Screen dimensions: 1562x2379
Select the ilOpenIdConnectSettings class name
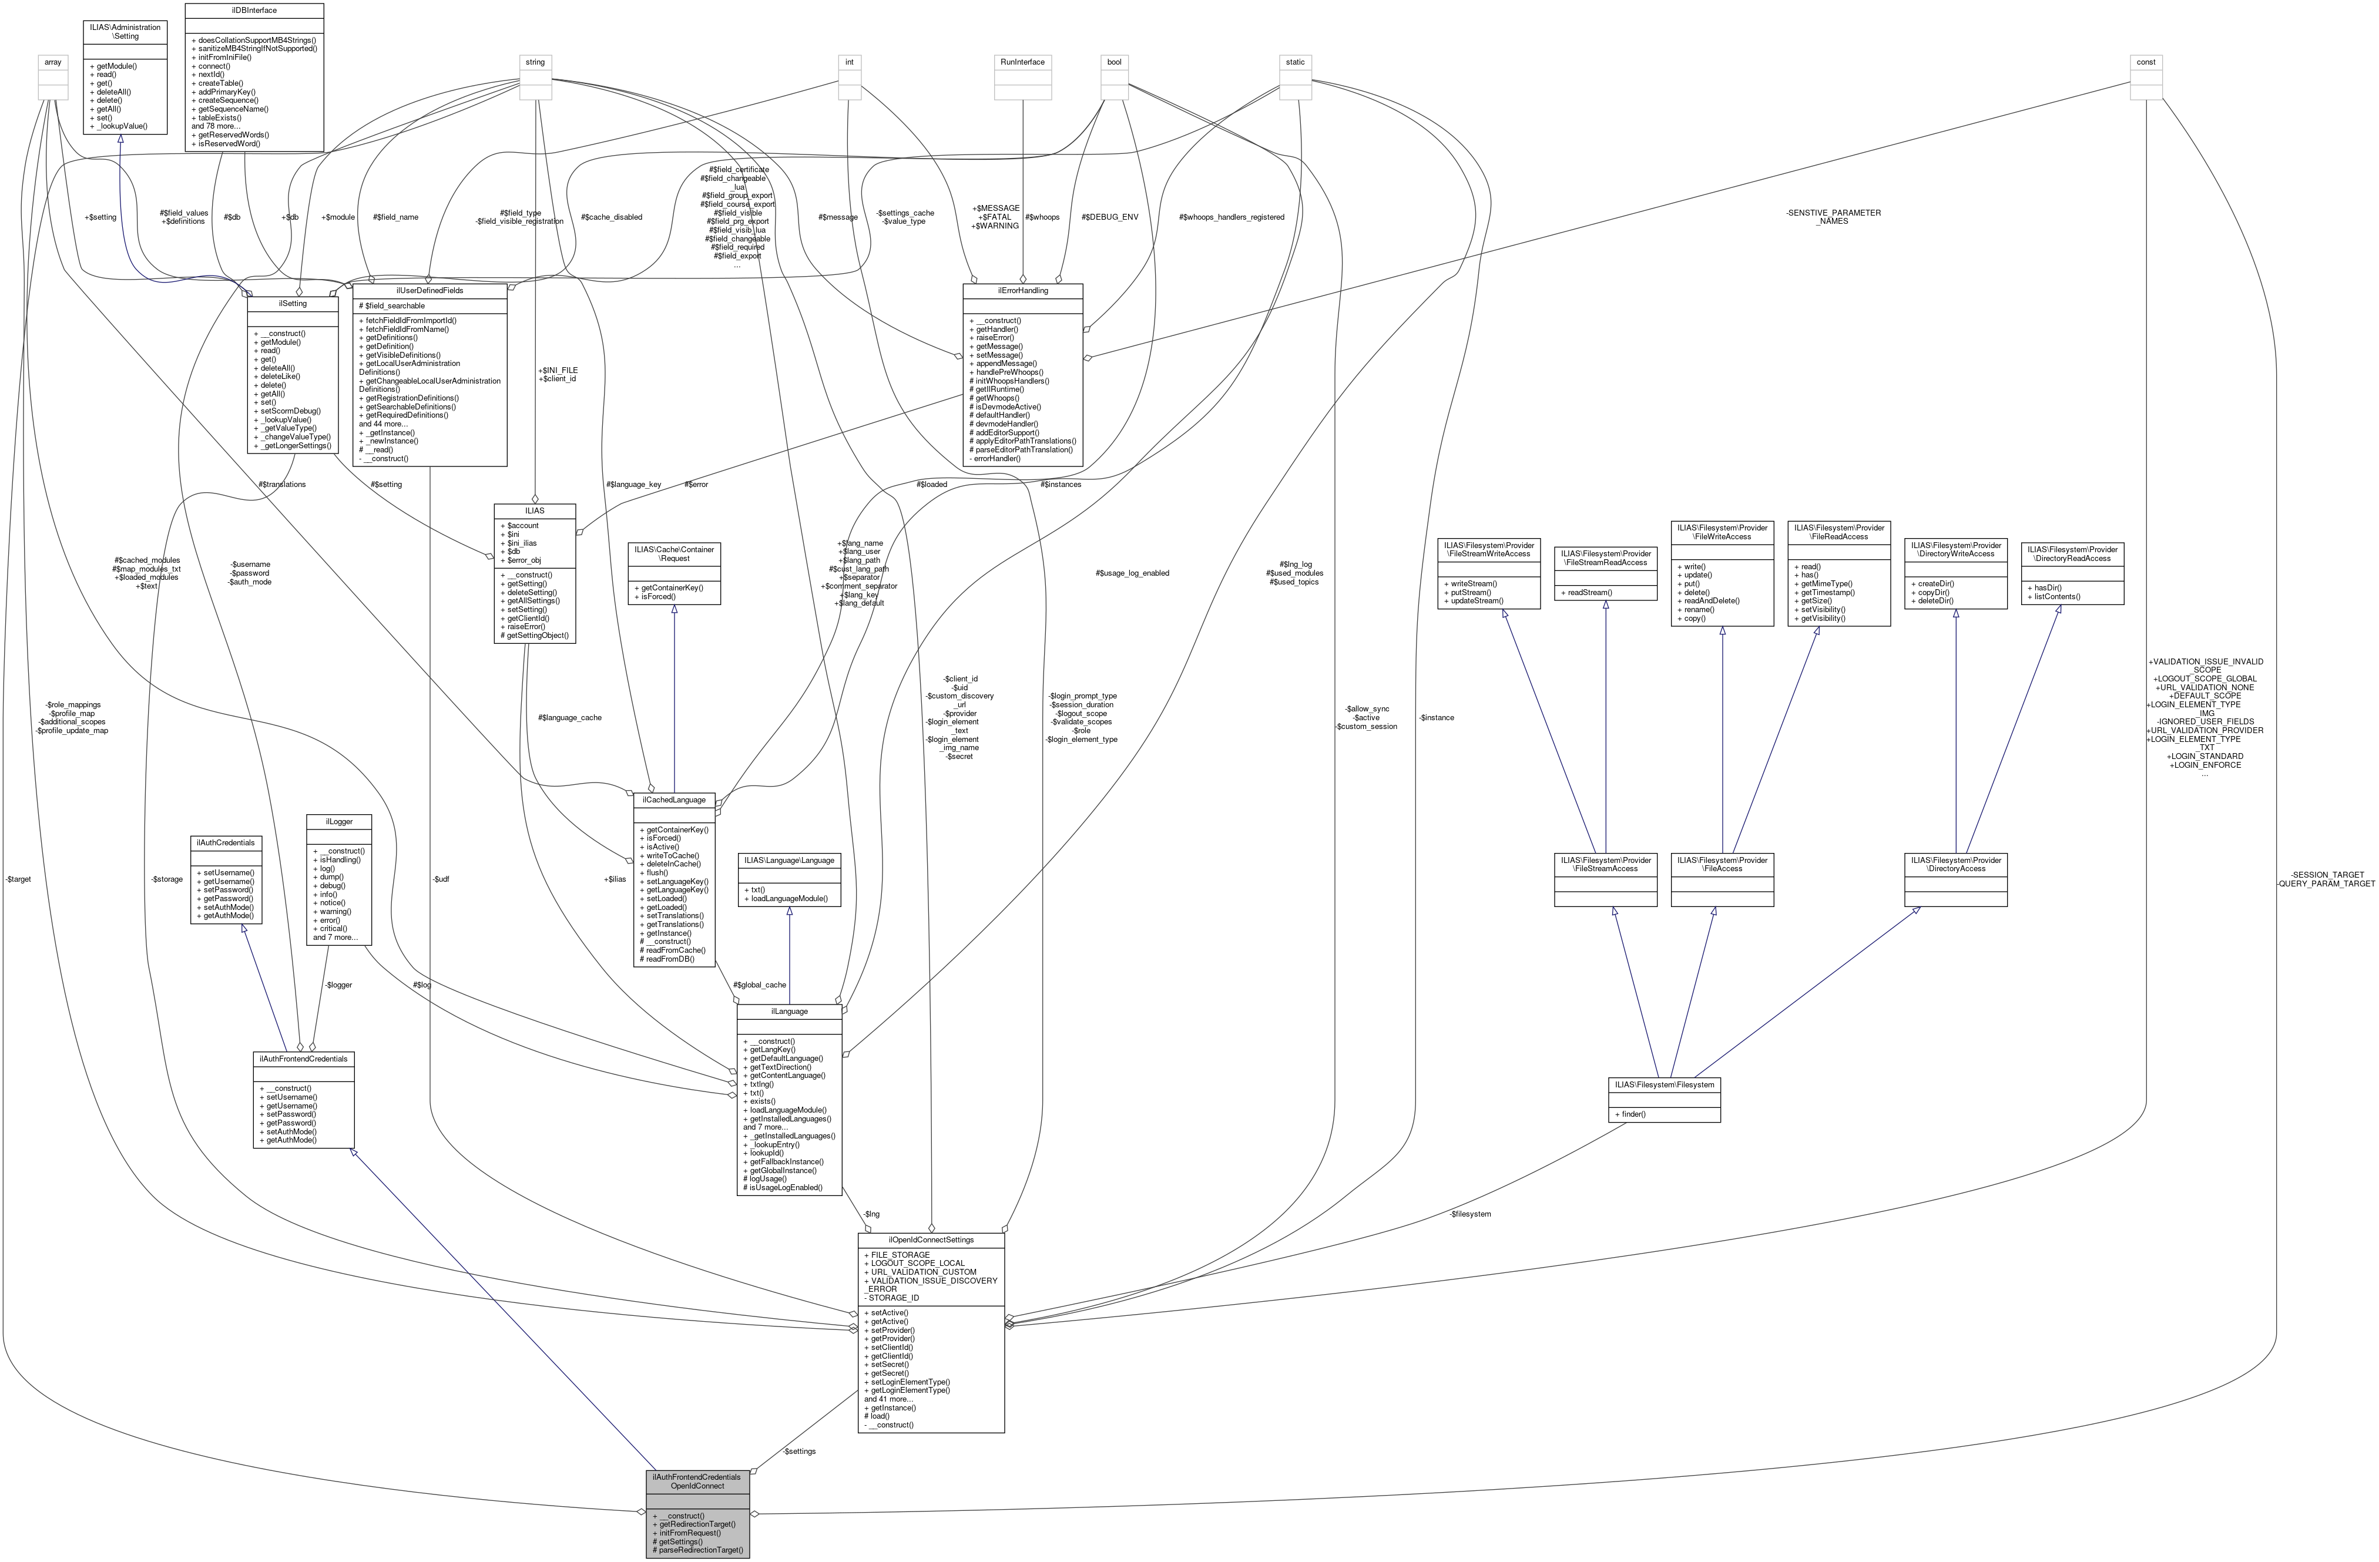pyautogui.click(x=931, y=1239)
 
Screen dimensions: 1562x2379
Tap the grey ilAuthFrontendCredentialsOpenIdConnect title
pyautogui.click(x=697, y=1481)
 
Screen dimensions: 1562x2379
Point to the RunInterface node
pyautogui.click(x=1022, y=62)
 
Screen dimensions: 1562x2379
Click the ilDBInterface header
pyautogui.click(x=254, y=10)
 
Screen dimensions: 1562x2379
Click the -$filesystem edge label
pyautogui.click(x=1469, y=1213)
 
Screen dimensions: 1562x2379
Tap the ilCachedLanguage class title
pyautogui.click(x=675, y=800)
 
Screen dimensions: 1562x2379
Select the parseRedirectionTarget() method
pyautogui.click(x=697, y=1550)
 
